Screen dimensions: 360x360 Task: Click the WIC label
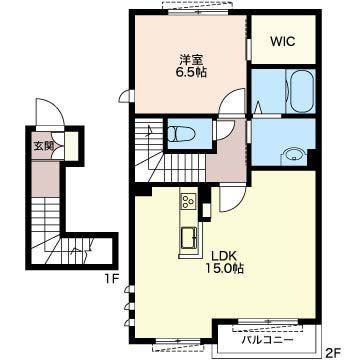(282, 42)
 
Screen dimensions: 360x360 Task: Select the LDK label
(224, 256)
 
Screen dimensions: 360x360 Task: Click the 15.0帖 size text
(224, 268)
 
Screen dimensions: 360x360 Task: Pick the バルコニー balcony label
(268, 340)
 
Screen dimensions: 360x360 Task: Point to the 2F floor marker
(332, 351)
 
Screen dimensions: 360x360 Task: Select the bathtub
(301, 91)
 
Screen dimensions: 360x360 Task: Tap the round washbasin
(294, 156)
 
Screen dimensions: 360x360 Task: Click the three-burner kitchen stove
(189, 201)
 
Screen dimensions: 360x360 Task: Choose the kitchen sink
(189, 237)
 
